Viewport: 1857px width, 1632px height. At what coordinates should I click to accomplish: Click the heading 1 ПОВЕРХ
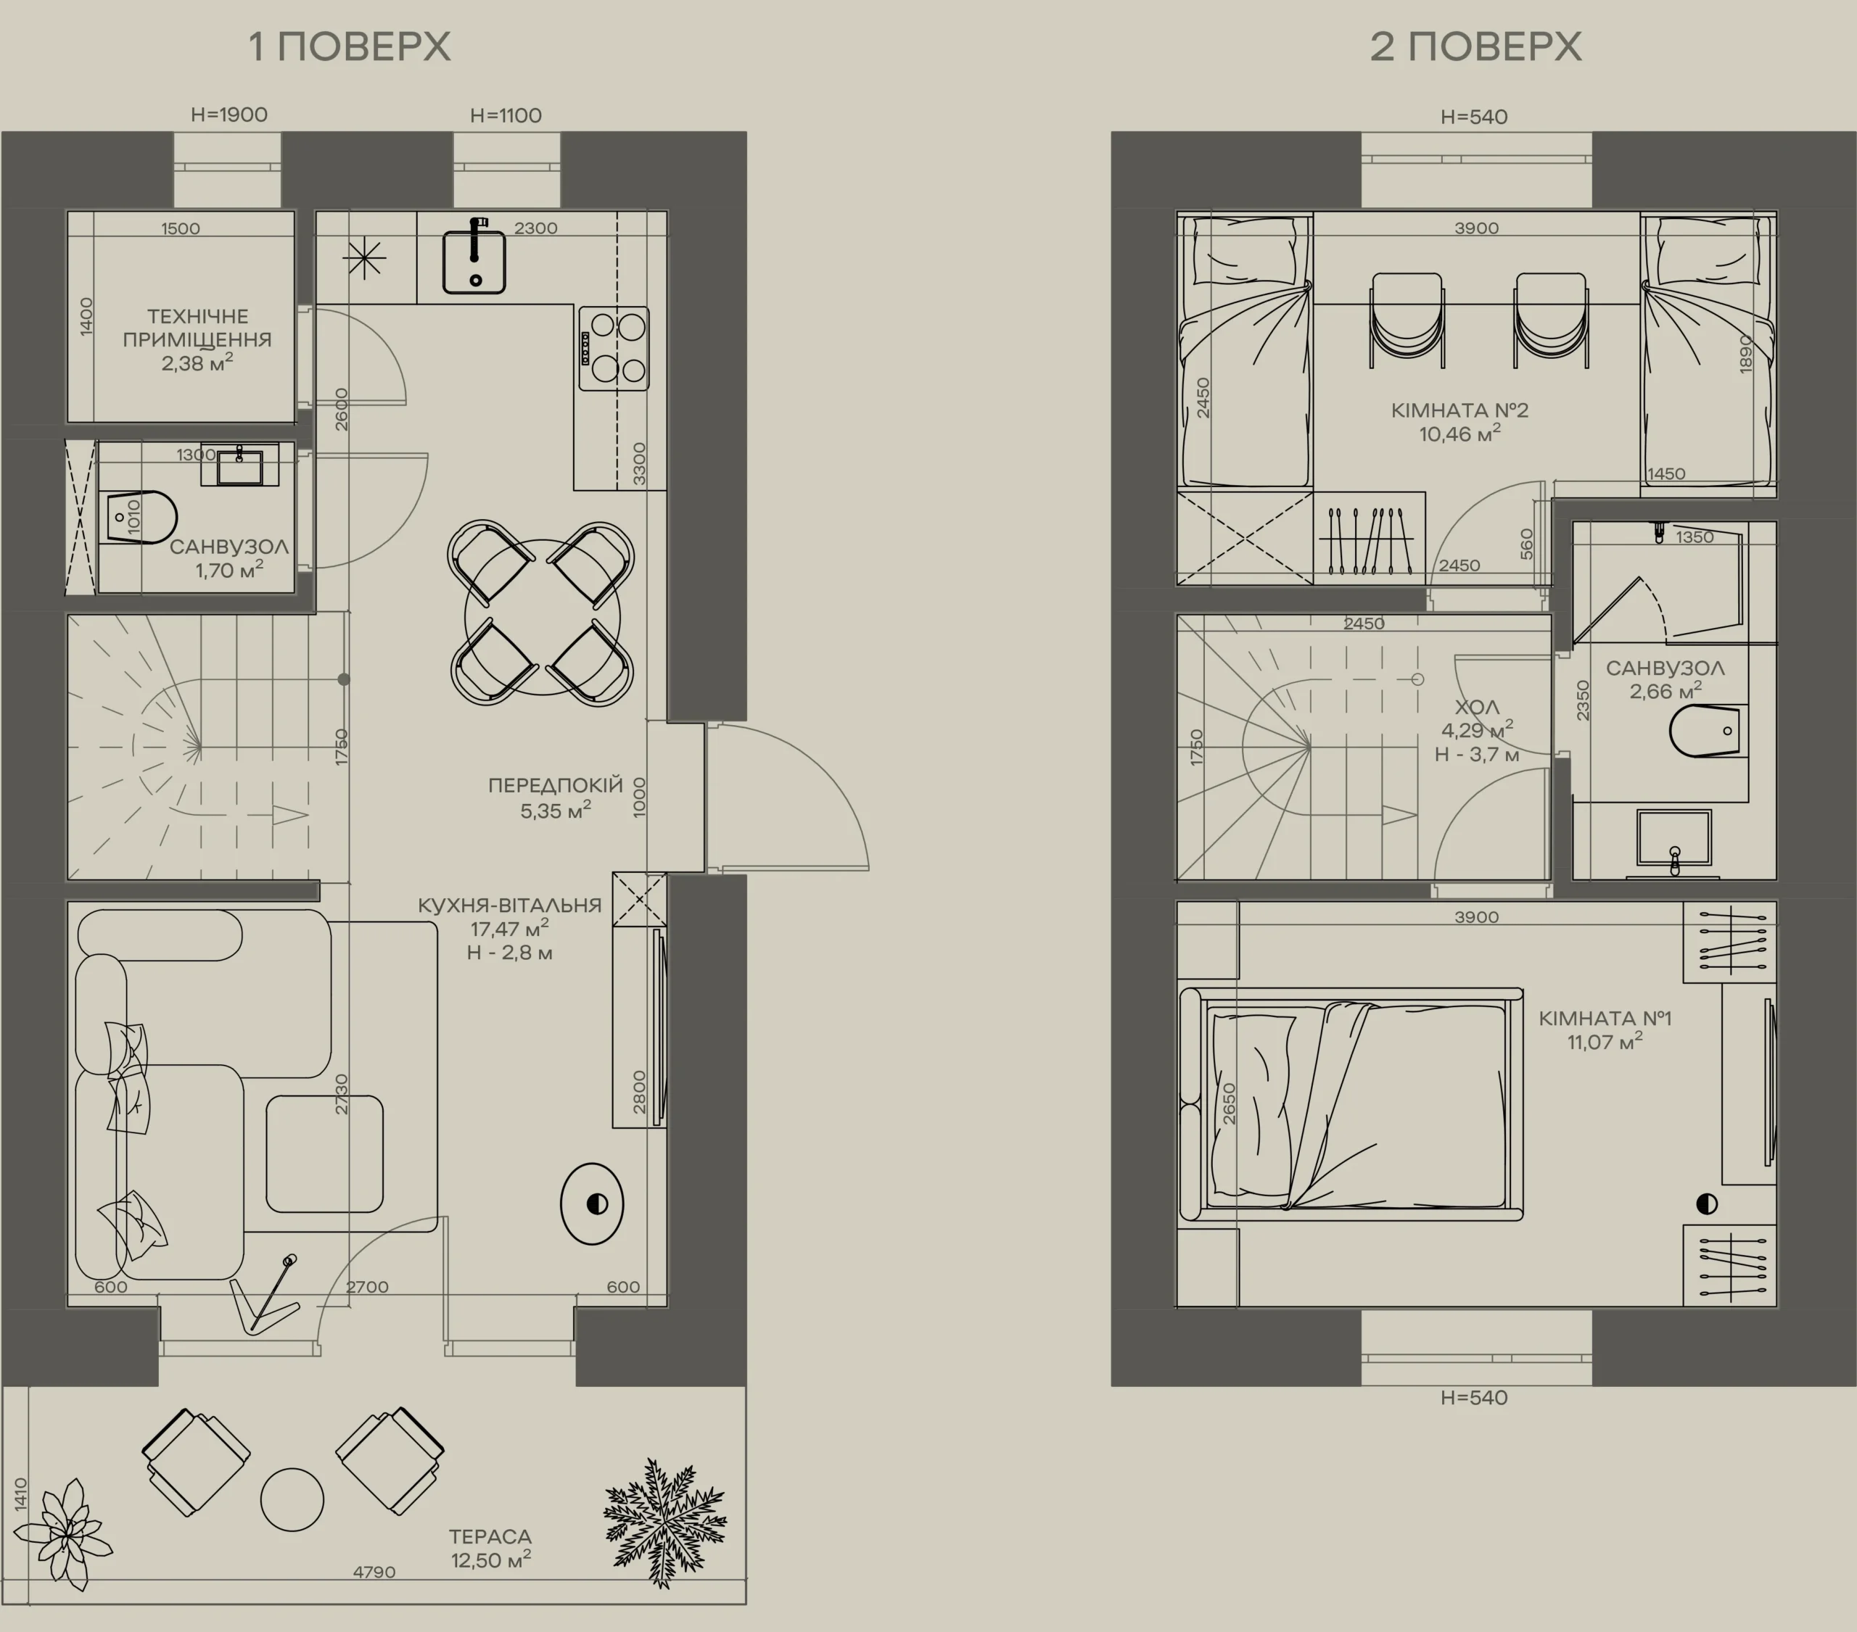[350, 46]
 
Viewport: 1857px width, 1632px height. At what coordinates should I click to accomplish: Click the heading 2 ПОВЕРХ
[1475, 46]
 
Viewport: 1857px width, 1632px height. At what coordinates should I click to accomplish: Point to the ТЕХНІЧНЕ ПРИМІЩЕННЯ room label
[197, 328]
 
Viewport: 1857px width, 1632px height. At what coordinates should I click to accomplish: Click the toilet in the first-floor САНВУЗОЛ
[141, 518]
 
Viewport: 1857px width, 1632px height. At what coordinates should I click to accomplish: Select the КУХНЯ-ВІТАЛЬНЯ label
[510, 906]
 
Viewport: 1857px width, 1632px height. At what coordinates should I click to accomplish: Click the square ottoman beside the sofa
[324, 1153]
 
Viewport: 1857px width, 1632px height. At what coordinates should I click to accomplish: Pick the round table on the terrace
[292, 1499]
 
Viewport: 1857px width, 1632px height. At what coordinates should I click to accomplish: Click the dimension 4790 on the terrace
[374, 1572]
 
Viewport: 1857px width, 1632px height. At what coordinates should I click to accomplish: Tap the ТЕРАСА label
[490, 1536]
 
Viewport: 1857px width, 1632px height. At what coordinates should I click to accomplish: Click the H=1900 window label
[229, 115]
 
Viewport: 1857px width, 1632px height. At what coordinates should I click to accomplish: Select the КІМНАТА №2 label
[1460, 410]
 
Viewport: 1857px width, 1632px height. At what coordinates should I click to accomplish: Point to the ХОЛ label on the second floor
[1477, 708]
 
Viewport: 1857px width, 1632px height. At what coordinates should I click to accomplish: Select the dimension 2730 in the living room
[342, 1094]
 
